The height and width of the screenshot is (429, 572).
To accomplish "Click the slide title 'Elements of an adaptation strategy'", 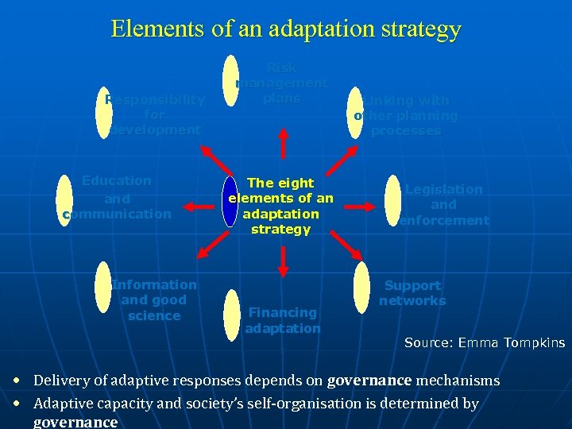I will pyautogui.click(x=286, y=29).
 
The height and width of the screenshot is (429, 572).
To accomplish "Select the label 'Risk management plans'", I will pyautogui.click(x=281, y=83).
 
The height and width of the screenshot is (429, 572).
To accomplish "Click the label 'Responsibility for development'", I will pyautogui.click(x=155, y=114).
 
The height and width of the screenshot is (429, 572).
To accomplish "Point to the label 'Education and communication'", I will pyautogui.click(x=116, y=197).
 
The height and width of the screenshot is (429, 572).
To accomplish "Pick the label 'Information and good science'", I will pyautogui.click(x=154, y=300).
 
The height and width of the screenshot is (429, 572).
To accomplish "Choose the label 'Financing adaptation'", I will pyautogui.click(x=283, y=320).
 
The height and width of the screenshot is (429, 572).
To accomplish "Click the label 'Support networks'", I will pyautogui.click(x=412, y=292).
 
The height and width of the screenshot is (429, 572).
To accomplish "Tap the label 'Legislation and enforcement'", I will pyautogui.click(x=443, y=204).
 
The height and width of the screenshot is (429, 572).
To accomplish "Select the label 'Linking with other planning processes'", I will pyautogui.click(x=406, y=115).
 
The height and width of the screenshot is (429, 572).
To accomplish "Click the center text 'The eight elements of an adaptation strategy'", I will pyautogui.click(x=280, y=206).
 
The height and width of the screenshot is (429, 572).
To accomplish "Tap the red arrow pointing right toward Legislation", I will pyautogui.click(x=353, y=206).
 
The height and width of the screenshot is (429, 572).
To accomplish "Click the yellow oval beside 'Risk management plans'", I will pyautogui.click(x=230, y=80).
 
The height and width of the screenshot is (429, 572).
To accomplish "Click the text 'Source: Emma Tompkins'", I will pyautogui.click(x=485, y=343).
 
